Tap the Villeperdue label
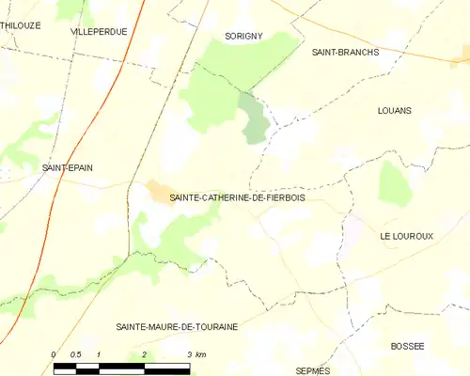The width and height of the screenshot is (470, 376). tap(99, 31)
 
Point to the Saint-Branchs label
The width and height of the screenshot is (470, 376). tap(345, 53)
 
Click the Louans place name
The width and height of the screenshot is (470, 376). tap(394, 110)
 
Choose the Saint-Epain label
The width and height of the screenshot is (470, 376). tap(67, 167)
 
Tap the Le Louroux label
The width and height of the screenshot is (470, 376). tap(407, 236)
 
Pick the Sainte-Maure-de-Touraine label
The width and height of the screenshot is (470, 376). tap(177, 326)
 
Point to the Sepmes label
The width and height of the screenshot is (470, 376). tap(313, 370)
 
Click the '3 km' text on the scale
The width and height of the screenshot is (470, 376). tap(196, 354)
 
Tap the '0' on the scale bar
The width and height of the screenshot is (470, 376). tap(55, 354)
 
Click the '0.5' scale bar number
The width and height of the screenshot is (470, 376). tap(76, 354)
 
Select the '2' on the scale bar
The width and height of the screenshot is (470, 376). tap(144, 354)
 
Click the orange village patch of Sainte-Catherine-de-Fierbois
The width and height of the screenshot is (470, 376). tap(157, 192)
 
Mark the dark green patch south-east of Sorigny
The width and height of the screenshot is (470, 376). tap(254, 119)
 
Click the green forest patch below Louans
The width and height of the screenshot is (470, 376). tap(396, 182)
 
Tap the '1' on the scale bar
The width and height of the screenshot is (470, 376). tap(99, 354)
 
